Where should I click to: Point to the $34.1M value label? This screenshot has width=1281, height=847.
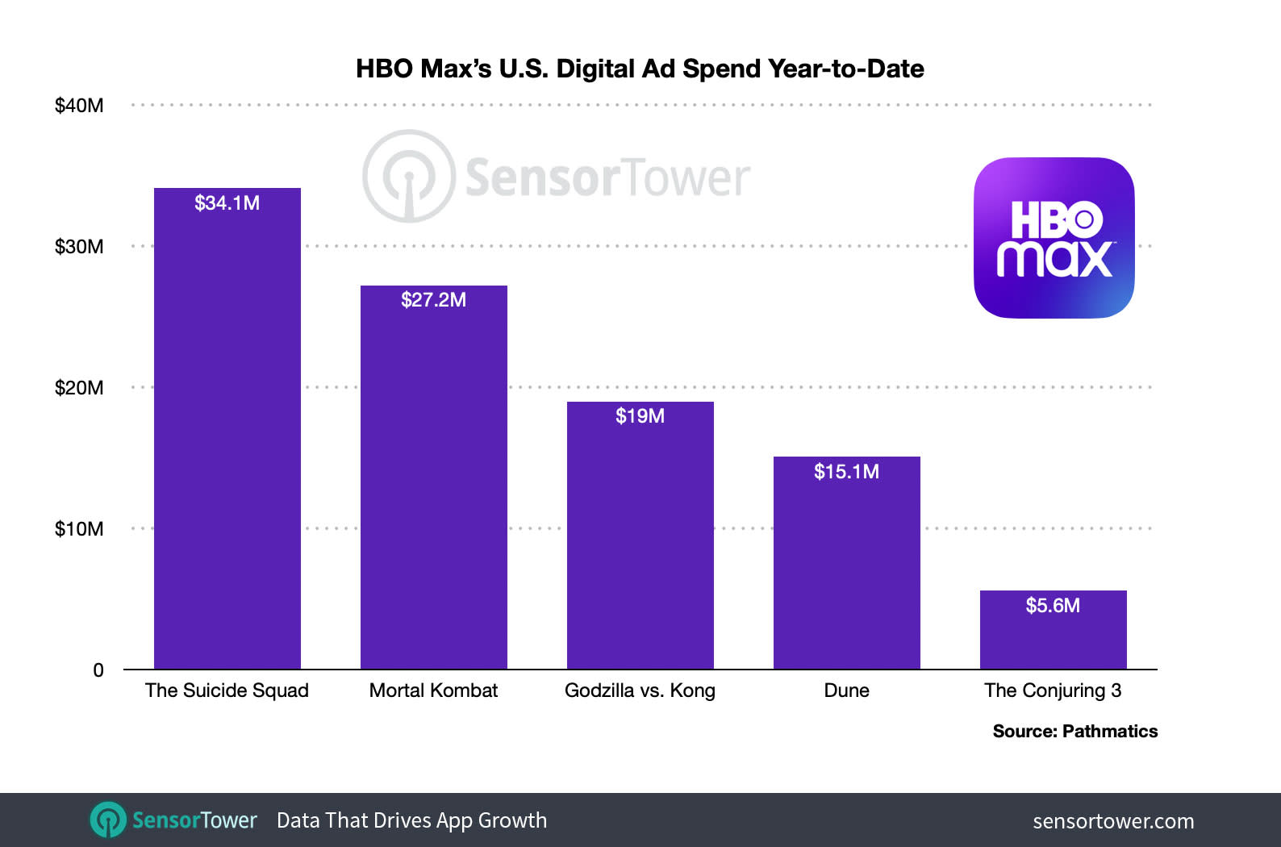227,203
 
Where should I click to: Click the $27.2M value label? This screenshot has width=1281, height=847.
433,300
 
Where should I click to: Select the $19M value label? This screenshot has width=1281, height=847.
640,416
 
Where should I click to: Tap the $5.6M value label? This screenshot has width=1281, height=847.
1053,606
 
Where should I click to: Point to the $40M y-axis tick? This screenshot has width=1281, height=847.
78,106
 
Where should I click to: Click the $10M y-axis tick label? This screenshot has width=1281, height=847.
78,529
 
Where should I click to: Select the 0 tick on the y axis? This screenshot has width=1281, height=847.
98,670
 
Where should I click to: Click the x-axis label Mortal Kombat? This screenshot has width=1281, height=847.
433,691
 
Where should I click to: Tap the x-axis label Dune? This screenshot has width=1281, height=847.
846,691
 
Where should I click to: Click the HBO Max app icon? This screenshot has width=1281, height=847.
1054,238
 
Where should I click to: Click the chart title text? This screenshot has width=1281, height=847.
640,69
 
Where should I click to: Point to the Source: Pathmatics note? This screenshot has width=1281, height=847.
1074,732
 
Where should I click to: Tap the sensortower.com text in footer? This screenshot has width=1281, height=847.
1113,821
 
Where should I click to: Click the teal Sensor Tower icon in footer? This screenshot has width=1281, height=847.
108,820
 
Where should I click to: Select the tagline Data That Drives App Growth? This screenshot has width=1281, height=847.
411,820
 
